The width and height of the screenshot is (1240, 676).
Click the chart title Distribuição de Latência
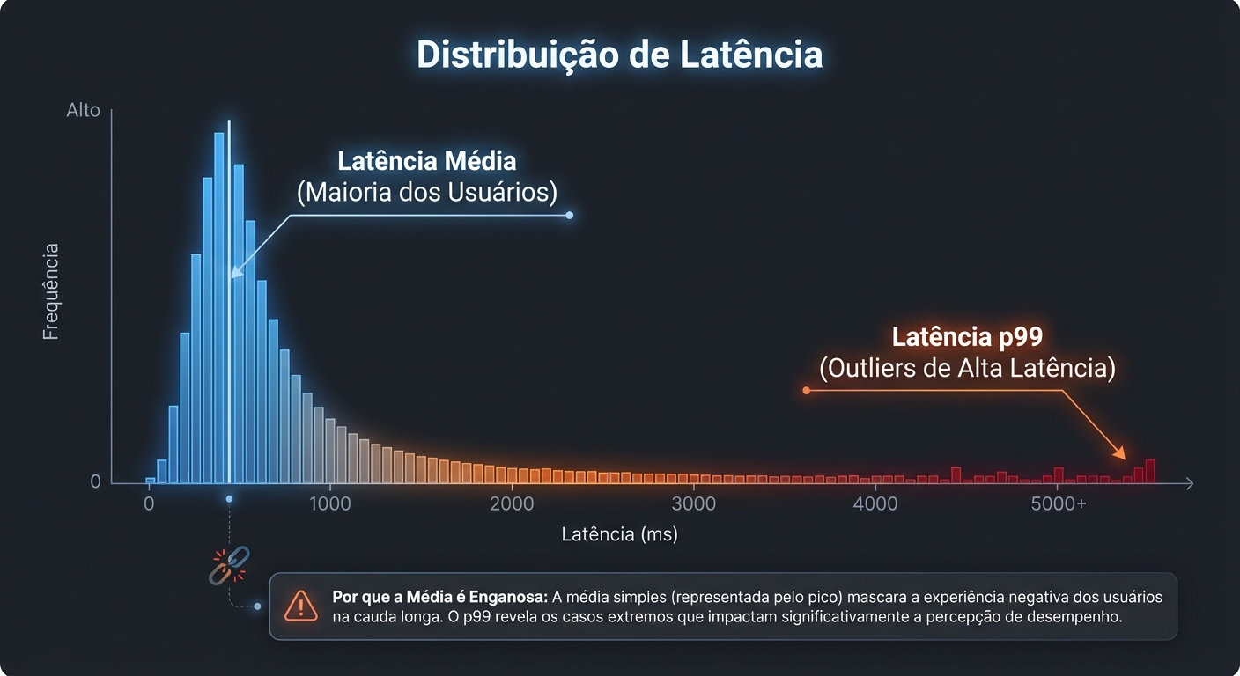619,55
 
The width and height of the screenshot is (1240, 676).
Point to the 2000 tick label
511,504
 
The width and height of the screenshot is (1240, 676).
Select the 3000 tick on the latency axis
694,504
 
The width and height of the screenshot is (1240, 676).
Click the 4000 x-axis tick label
876,504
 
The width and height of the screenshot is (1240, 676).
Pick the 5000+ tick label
1058,504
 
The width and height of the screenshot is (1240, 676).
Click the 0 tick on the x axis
149,504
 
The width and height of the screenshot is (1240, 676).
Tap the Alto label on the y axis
84,111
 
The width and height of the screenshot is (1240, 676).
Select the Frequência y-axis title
51,291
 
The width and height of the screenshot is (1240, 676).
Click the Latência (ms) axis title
619,534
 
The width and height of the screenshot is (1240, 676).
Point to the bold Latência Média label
427,162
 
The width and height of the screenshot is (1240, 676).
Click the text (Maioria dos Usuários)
427,193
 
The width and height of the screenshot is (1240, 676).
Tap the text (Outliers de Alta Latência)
967,368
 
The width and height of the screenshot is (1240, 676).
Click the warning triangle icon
301,606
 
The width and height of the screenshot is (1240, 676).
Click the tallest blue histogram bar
218,308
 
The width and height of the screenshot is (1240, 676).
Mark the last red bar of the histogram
1150,471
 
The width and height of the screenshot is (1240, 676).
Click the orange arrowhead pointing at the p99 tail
1121,453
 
